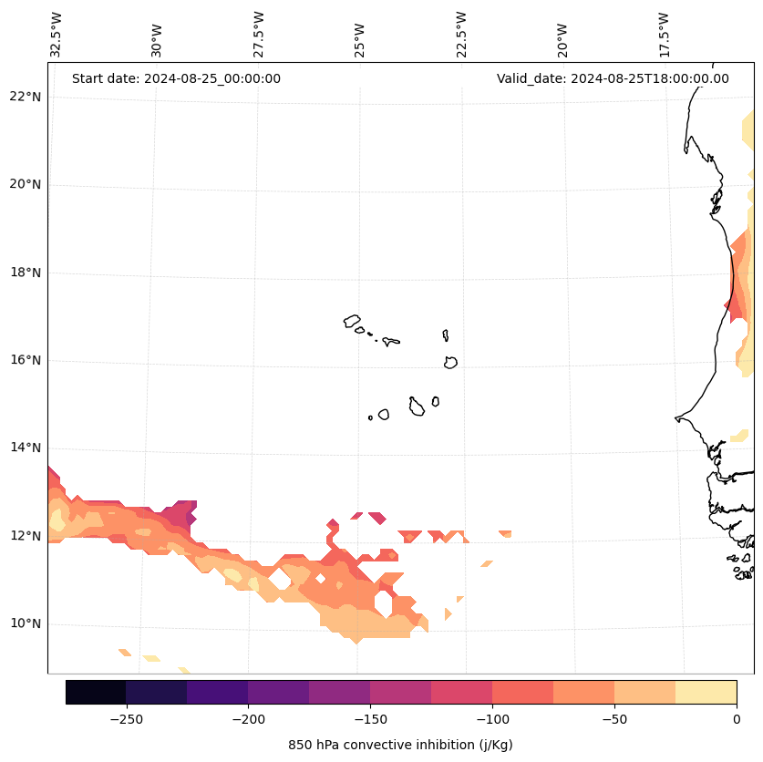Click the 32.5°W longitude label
point(57,35)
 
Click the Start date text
point(176,78)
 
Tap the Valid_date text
point(613,78)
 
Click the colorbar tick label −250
point(126,719)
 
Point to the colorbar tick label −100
point(492,719)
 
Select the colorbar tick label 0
point(737,719)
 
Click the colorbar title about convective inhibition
point(400,745)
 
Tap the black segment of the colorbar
point(96,692)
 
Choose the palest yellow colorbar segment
point(706,692)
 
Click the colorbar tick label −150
point(370,719)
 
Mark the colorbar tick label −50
point(614,719)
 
